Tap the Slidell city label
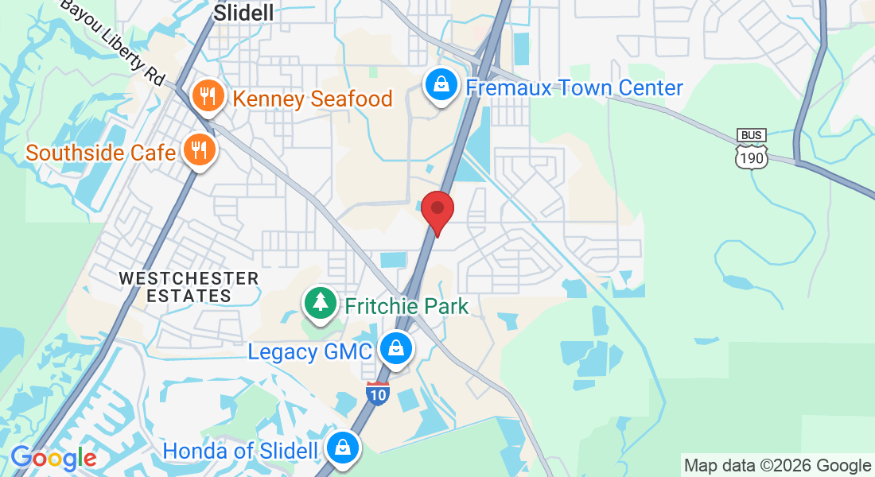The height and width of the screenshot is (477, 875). click(x=244, y=12)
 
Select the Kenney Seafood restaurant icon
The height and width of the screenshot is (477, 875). click(x=207, y=97)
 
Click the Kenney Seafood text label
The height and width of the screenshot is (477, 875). click(x=312, y=99)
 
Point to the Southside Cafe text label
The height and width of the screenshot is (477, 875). click(x=100, y=152)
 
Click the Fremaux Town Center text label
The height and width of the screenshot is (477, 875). click(x=574, y=87)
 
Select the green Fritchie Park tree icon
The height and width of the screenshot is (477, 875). click(x=321, y=304)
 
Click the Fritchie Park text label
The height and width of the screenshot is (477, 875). click(x=406, y=305)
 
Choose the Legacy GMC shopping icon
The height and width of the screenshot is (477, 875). click(x=395, y=350)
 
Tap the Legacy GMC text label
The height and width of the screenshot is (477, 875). click(x=309, y=351)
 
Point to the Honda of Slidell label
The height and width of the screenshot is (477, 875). click(x=240, y=451)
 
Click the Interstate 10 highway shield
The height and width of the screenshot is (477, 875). click(x=378, y=393)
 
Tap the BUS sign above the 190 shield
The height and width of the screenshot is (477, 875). click(x=751, y=135)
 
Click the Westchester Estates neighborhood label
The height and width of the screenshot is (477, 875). click(x=189, y=287)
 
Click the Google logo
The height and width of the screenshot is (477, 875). click(x=52, y=459)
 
